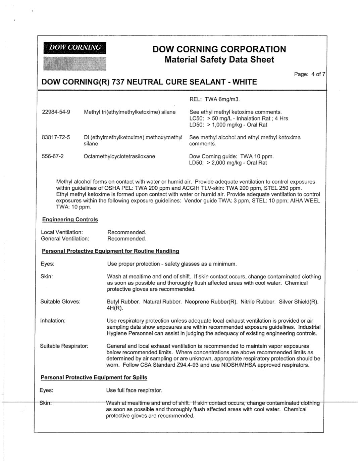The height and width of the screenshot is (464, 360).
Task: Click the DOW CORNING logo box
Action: pos(74,48)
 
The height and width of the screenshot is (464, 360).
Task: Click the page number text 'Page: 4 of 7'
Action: pos(309,74)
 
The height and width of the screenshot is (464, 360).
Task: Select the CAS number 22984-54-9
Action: pos(56,112)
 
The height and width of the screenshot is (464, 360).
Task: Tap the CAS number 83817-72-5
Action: pos(56,137)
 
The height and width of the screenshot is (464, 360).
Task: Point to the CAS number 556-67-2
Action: pos(52,156)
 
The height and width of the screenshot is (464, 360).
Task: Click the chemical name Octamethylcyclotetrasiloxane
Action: pos(119,156)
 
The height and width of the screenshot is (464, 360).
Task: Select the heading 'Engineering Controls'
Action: pos(70,220)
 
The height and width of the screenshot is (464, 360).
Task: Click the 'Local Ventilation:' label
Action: pos(62,232)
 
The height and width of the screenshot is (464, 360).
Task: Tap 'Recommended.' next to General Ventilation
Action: pos(126,239)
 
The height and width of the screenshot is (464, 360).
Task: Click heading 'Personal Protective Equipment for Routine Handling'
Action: pos(110,251)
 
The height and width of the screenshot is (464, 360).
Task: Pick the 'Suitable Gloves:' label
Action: pos(60,301)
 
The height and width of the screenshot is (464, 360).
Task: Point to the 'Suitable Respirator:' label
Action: pos(64,346)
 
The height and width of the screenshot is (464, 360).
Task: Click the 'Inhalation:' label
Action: pos(53,321)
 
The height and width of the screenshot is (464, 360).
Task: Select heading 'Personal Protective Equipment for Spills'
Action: pos(94,377)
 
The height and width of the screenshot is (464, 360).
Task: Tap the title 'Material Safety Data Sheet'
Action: pos(219,60)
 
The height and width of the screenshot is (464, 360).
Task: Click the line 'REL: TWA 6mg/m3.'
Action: pos(215,99)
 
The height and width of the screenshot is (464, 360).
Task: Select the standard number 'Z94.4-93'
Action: pos(189,365)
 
